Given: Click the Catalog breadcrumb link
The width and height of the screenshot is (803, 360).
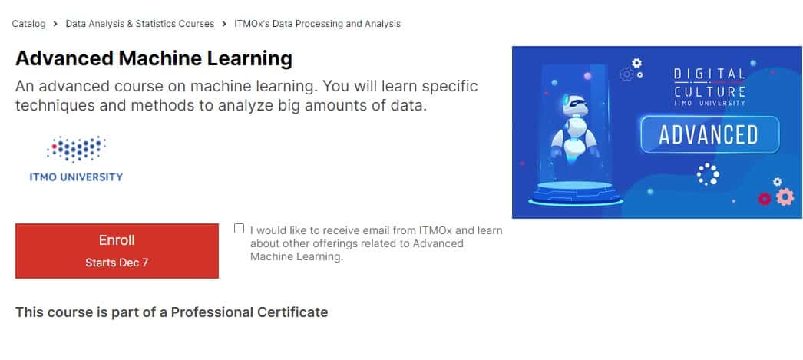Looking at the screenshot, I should pyautogui.click(x=28, y=24).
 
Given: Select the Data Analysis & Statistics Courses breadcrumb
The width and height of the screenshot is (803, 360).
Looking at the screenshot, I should pyautogui.click(x=140, y=24).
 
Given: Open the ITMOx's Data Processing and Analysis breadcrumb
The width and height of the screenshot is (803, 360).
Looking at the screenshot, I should pyautogui.click(x=317, y=24).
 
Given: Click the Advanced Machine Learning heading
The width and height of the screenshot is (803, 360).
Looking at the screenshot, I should pyautogui.click(x=154, y=58).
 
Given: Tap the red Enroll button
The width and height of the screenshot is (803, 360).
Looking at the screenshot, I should pyautogui.click(x=117, y=250).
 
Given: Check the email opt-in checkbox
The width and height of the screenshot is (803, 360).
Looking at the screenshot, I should pyautogui.click(x=240, y=229).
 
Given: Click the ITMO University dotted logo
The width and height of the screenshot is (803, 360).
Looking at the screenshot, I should pyautogui.click(x=75, y=149).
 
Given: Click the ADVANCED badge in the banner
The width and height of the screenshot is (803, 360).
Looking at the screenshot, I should pyautogui.click(x=709, y=135).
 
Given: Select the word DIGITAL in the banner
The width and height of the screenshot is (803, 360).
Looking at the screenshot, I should pyautogui.click(x=709, y=74).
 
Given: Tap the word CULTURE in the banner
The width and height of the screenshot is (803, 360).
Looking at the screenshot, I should pyautogui.click(x=709, y=91).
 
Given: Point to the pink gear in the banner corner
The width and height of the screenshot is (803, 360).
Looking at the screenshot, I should pyautogui.click(x=784, y=197).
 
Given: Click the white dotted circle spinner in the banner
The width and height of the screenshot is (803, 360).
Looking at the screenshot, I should pyautogui.click(x=708, y=174).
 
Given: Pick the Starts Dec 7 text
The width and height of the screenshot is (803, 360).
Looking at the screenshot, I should pyautogui.click(x=117, y=263).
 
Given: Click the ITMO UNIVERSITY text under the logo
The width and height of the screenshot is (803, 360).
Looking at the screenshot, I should pyautogui.click(x=75, y=177).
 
